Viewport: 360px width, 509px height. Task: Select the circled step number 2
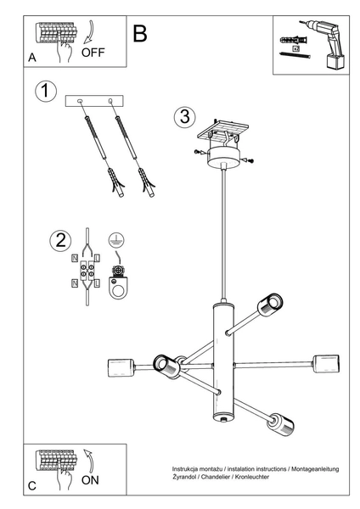coord(59,240)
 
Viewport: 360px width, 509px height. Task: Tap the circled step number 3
coord(183,118)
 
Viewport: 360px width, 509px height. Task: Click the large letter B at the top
coord(140,33)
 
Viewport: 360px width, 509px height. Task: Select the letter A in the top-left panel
coord(32,58)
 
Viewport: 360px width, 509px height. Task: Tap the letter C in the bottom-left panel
coord(32,485)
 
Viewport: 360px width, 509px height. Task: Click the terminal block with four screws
coord(87,273)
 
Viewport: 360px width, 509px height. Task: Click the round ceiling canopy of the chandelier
coord(225,159)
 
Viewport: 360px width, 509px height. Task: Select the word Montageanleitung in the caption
coord(315,469)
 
